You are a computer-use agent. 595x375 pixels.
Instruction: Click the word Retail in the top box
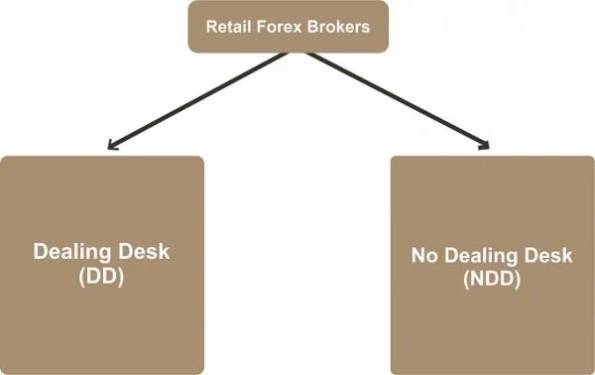click(225, 27)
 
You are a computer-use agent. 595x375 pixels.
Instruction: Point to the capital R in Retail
click(208, 27)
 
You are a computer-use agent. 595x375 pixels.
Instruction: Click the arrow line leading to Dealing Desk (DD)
click(188, 99)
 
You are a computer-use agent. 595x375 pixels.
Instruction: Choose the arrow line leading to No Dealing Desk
click(397, 99)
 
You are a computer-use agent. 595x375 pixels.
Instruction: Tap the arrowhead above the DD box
click(111, 147)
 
